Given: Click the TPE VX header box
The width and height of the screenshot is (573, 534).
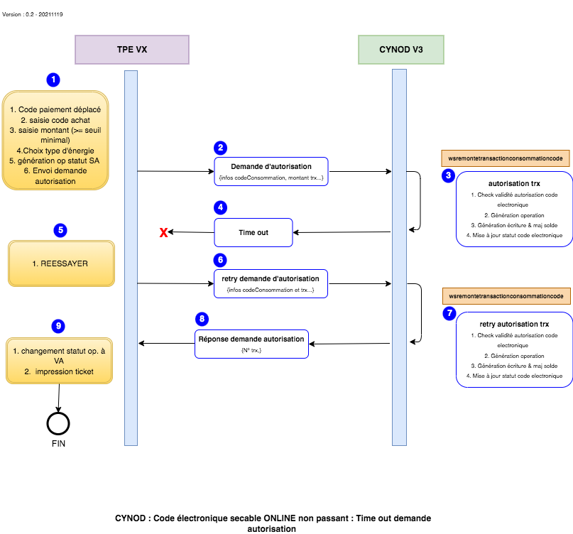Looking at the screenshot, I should [x=132, y=50].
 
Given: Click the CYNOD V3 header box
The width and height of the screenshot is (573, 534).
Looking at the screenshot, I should [x=401, y=50].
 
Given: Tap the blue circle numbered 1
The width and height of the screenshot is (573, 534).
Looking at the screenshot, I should [x=53, y=80].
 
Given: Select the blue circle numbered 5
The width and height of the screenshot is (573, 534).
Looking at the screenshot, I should [x=60, y=230].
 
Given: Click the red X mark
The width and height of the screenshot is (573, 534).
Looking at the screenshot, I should [x=163, y=233].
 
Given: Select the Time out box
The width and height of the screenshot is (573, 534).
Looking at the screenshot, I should [x=253, y=232].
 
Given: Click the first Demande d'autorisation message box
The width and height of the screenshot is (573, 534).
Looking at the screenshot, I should [x=271, y=171].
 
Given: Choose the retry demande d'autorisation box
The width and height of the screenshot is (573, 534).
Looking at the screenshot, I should [x=271, y=283].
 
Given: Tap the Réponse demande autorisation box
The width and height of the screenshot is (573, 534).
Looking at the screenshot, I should [x=251, y=344].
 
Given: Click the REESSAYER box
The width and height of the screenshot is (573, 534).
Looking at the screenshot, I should [x=61, y=263].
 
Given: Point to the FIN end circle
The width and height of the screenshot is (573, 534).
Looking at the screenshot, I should [x=58, y=423].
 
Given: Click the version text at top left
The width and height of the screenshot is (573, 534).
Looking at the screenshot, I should [x=33, y=14].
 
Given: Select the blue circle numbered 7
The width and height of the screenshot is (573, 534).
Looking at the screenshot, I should [x=448, y=314].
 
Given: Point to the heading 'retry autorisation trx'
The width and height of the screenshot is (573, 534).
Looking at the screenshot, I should [x=515, y=324].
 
